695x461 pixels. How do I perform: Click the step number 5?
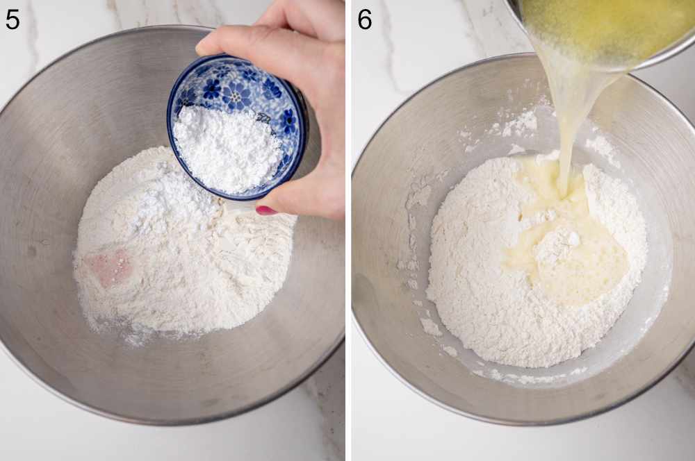[13, 19]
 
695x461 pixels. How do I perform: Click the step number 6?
[365, 19]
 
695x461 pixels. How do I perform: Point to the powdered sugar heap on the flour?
[174, 201]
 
